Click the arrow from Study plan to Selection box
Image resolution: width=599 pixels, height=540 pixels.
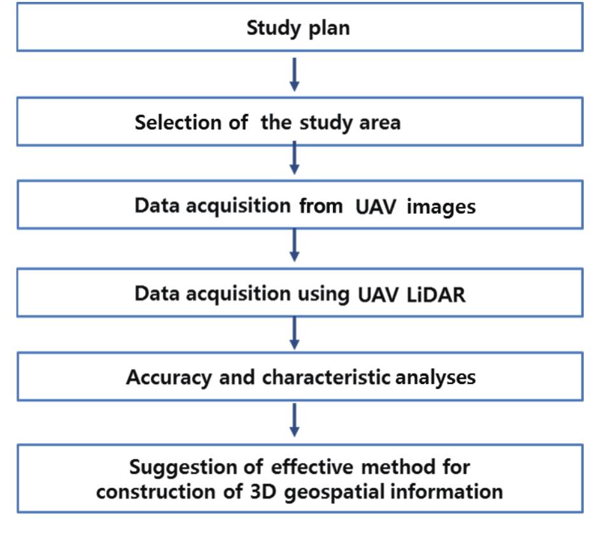pos(294,75)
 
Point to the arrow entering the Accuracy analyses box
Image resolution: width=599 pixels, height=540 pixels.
pos(294,333)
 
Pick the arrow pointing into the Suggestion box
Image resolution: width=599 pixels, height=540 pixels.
pos(294,420)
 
